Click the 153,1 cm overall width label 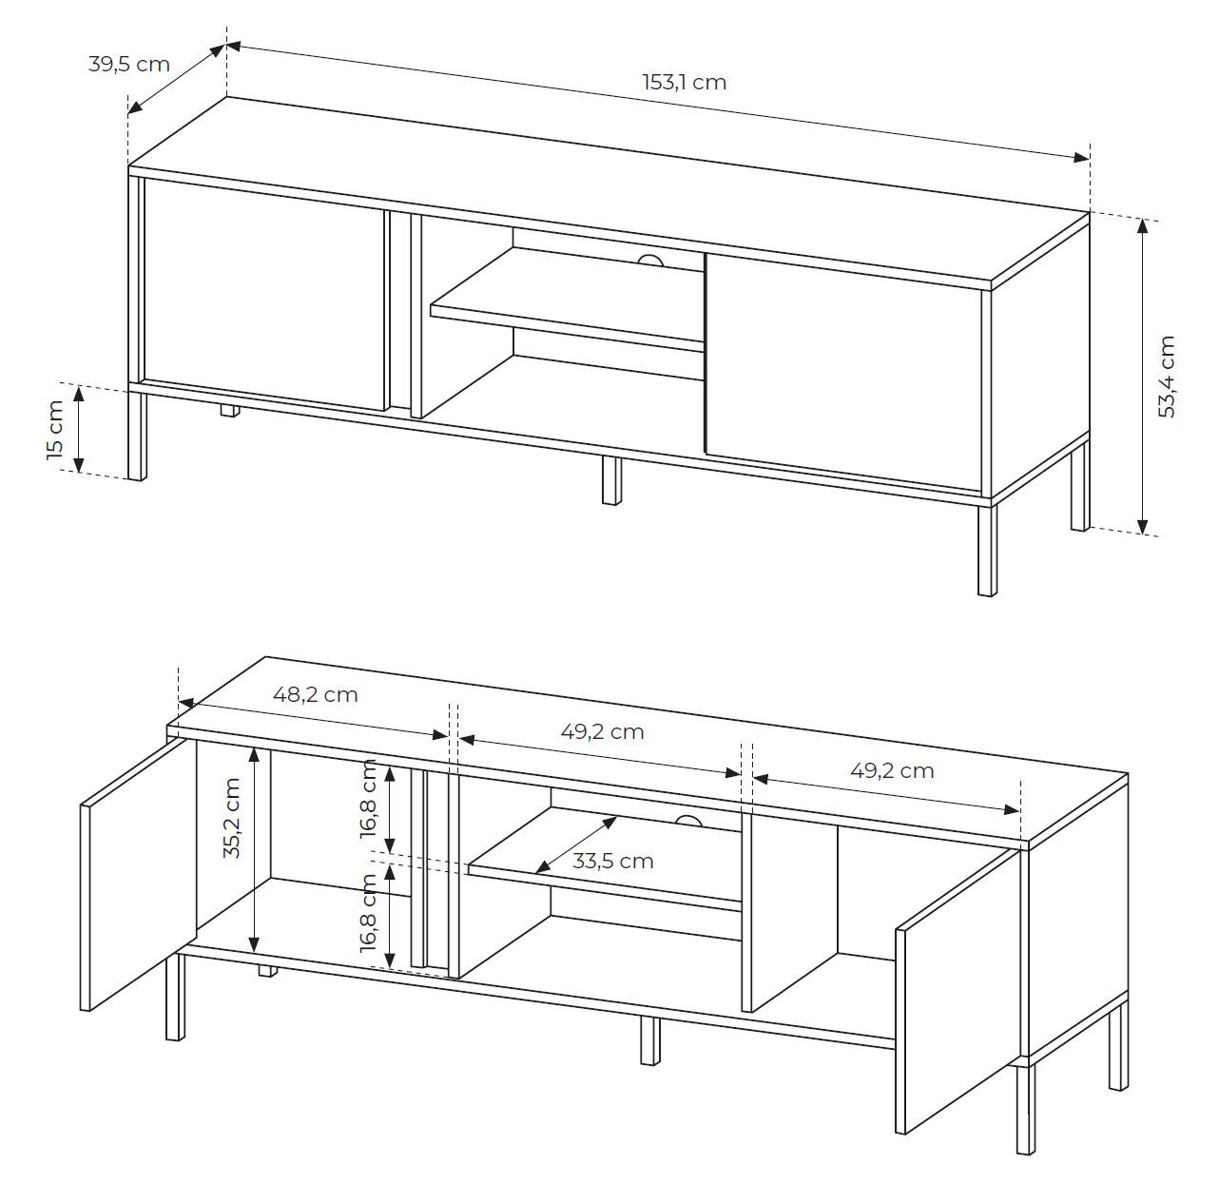[684, 83]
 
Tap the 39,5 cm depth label [128, 65]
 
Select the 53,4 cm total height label [1168, 377]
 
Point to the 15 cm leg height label [55, 430]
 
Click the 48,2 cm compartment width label [315, 694]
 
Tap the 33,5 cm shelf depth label [612, 862]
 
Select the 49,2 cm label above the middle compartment [602, 732]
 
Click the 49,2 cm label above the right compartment [892, 770]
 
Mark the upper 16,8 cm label [369, 798]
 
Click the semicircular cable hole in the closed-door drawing [652, 260]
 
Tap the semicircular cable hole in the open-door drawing [688, 821]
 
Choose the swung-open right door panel [956, 989]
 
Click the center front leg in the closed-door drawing [610, 480]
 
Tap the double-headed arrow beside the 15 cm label [81, 430]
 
